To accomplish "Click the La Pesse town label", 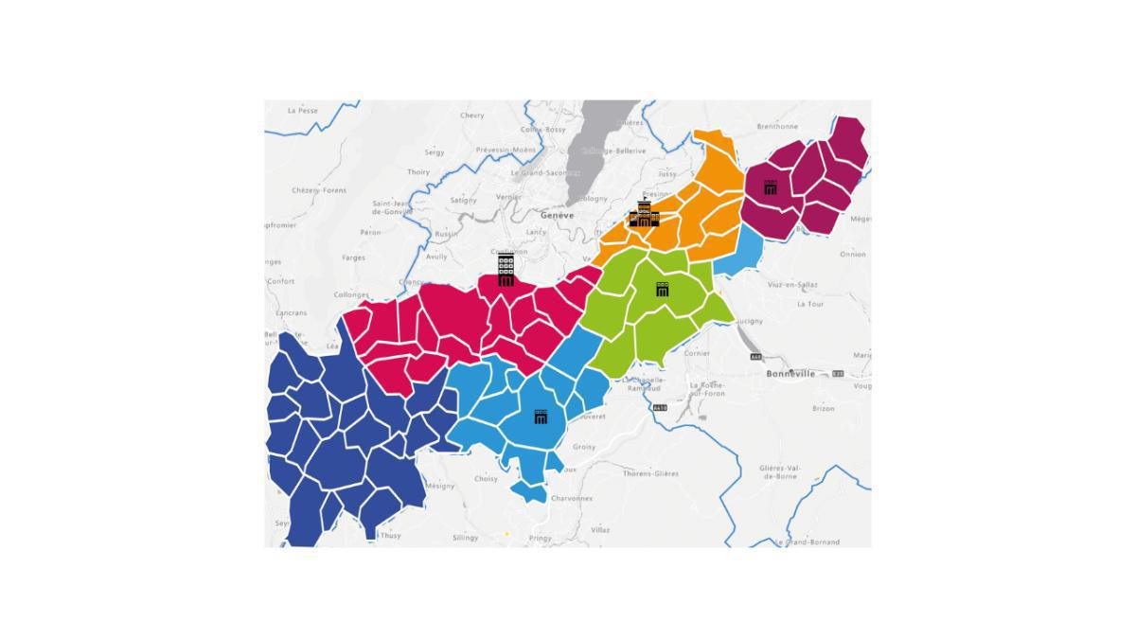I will click(303, 111).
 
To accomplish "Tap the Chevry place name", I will click(471, 115).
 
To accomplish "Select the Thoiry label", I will click(418, 172).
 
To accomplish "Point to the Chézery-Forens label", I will click(319, 190).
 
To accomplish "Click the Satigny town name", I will click(464, 200).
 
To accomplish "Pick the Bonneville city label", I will click(790, 374).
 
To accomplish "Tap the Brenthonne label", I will click(777, 126).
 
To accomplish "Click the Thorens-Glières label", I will click(650, 473).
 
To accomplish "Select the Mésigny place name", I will click(440, 486).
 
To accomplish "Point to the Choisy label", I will click(486, 479).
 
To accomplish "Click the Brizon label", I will click(824, 409).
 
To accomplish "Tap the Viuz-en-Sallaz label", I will click(792, 284).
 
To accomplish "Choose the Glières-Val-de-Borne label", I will click(781, 471).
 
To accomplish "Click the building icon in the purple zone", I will click(771, 187).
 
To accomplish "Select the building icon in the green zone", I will click(663, 289).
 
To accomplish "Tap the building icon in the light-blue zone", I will click(541, 417).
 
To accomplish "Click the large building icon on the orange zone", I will click(644, 215).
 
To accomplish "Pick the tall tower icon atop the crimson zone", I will click(506, 269).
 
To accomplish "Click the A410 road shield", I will click(659, 408).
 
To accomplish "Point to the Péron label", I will click(370, 232).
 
